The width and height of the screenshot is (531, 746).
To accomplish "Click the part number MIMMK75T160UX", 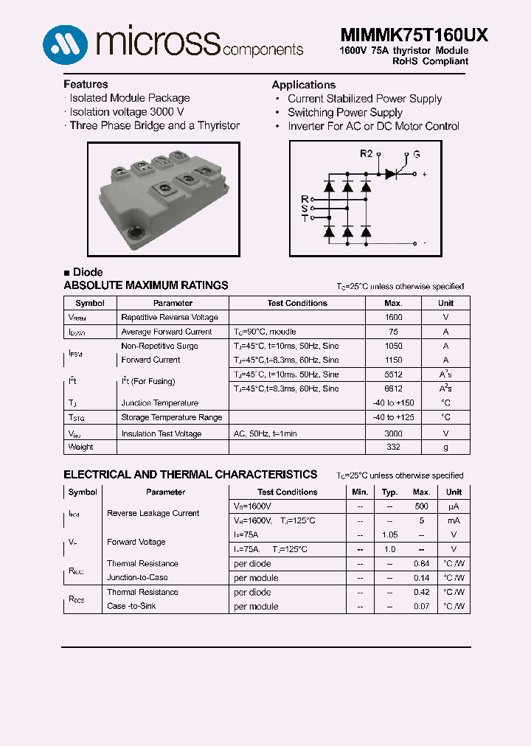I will pos(414,35).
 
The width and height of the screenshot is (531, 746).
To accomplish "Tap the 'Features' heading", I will pos(86,84).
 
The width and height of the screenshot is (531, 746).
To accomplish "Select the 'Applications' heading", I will pos(303,85).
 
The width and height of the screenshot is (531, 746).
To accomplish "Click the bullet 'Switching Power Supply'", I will pos(344,113).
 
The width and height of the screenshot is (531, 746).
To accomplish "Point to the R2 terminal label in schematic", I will pos(367,153).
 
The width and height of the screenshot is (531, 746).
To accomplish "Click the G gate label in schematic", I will pos(417,154).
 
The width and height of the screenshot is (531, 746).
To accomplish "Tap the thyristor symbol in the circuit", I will pos(392,174).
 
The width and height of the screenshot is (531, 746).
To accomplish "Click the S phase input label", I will pos(305,209).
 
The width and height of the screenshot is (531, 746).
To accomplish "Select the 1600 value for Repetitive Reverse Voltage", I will pos(393,317).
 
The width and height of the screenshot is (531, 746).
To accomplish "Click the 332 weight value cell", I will pos(393,447).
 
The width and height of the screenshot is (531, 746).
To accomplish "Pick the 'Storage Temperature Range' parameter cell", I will pos(171,417).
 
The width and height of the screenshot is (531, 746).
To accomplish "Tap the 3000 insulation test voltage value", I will pos(393,434).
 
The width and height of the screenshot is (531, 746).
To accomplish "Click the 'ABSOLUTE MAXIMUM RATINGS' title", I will pos(146,285).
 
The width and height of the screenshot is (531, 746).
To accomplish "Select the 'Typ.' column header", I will pos(390,492).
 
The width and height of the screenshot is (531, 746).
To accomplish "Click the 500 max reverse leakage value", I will pos(421,506).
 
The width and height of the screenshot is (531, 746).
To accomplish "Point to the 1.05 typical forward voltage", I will pos(390,535).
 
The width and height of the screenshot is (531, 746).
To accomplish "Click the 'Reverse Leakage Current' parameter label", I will pos(153,513).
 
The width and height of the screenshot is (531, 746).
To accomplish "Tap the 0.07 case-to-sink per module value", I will pos(421,607).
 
